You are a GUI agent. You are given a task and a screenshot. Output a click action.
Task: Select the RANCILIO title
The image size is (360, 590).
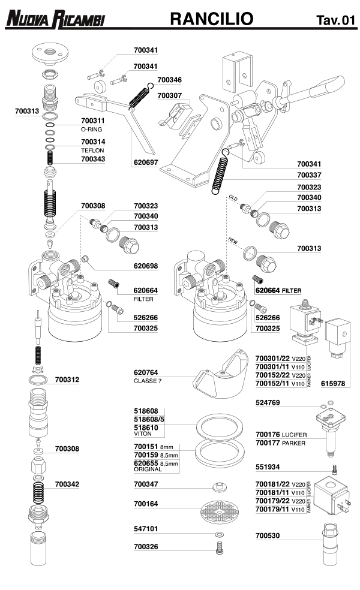point(211,19)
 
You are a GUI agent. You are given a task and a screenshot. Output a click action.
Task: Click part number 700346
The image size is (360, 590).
point(170,79)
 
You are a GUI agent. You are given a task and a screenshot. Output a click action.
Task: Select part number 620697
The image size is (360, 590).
point(146,162)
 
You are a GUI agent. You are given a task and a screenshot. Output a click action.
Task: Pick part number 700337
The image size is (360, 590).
point(310,175)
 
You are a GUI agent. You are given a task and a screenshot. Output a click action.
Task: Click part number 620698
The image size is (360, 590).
point(146,266)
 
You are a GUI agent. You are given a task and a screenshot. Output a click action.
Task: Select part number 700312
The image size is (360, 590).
point(67,380)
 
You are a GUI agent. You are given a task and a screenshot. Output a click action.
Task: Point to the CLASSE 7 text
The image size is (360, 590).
point(149,381)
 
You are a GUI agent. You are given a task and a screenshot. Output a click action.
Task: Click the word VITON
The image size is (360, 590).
point(142,436)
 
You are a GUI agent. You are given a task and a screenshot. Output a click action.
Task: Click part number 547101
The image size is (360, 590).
point(146,529)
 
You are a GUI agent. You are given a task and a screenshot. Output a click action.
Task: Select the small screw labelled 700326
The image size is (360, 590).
point(220,547)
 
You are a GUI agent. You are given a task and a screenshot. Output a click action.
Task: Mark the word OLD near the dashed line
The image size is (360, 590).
point(234,197)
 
